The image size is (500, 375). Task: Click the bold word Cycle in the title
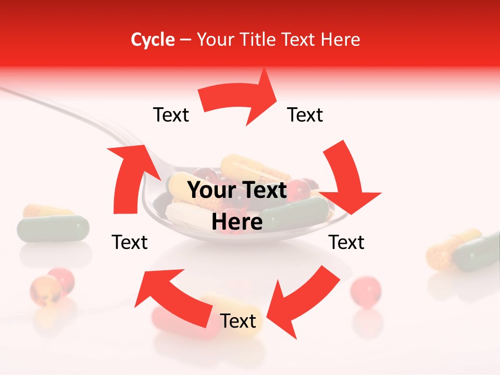153,40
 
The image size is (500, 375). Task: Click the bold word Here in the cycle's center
237,222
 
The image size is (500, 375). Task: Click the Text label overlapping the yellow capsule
238,321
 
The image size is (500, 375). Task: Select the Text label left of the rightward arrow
171,115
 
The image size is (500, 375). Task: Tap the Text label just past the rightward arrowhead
305,115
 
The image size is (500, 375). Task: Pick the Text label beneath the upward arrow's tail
130,242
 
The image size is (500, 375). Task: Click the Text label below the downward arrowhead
346,242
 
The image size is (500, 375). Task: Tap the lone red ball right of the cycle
366,289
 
